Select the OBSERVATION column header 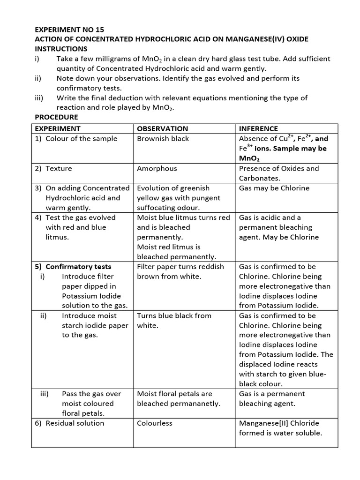coord(162,128)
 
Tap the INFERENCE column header coord(258,128)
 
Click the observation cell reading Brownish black coord(163,139)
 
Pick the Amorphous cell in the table coord(157,168)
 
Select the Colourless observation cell coord(155,423)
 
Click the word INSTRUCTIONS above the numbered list coord(61,49)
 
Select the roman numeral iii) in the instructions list coord(39,98)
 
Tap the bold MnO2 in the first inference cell coord(249,159)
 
